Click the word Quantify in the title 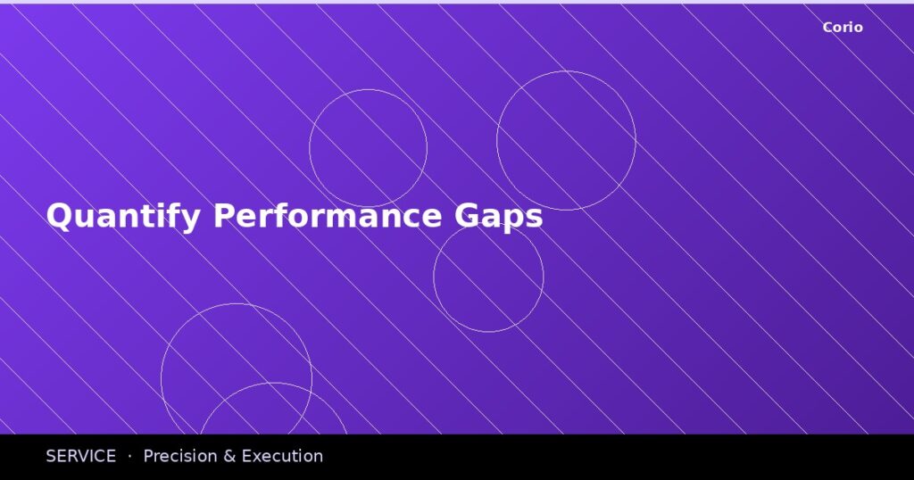[122, 217]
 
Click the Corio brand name [843, 28]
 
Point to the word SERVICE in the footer [80, 456]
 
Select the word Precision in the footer [179, 456]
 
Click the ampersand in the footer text [229, 456]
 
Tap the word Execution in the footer [282, 456]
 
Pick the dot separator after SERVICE [129, 456]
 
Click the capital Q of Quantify [59, 216]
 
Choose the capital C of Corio [828, 28]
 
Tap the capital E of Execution [247, 456]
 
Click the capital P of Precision [148, 456]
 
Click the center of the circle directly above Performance [368, 148]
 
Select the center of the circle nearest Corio [566, 141]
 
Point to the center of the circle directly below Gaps [488, 277]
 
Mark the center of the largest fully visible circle [237, 378]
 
